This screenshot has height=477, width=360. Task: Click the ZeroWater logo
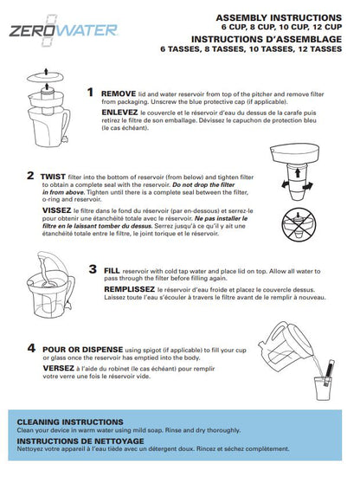click(52, 32)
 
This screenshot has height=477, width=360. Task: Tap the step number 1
click(91, 92)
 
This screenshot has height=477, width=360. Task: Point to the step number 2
click(31, 175)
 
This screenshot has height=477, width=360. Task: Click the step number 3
click(93, 270)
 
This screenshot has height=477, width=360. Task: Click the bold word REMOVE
click(119, 93)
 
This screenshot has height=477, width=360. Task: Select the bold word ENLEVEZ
click(120, 113)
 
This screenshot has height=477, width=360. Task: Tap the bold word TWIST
click(54, 175)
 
